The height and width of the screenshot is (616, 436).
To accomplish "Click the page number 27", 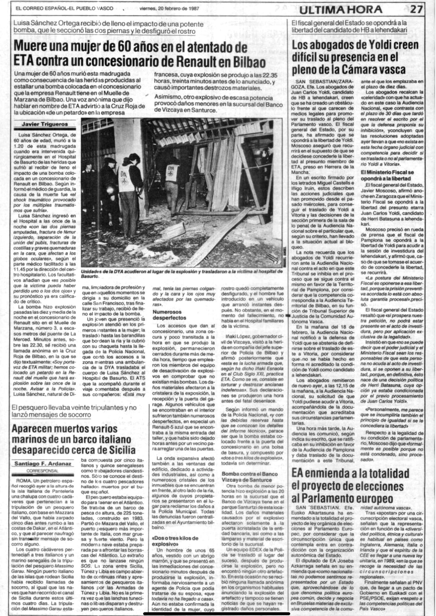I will [416, 10].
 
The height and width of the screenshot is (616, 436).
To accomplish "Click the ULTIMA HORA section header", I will [341, 10].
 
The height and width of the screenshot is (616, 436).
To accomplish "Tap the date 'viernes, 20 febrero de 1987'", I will [169, 9].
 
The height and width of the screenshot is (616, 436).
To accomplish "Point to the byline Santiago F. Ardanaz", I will [43, 464].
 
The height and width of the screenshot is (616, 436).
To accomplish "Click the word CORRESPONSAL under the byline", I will [42, 471].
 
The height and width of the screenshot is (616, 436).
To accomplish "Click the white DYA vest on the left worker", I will [124, 178].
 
